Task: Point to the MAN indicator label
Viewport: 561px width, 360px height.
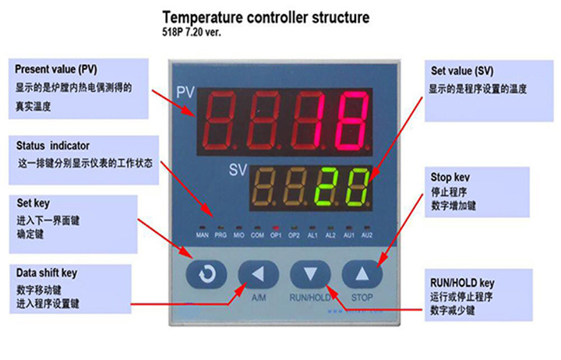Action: click(203, 235)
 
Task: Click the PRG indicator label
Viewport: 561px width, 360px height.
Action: click(221, 235)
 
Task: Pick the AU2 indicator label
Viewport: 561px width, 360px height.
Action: click(367, 235)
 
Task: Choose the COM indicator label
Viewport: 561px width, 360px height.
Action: click(257, 235)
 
